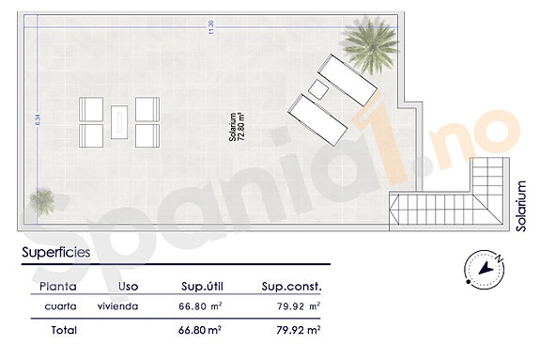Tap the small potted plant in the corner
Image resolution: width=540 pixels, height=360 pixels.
42,199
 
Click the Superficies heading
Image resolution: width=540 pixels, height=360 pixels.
55,252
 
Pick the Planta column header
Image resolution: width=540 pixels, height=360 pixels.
58,286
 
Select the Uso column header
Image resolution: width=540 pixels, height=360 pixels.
130,286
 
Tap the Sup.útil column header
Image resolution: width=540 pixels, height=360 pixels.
201,286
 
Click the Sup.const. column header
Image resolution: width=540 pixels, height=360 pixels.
291,286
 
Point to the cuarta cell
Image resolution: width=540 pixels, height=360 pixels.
59,306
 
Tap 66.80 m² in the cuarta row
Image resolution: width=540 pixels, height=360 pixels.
201,306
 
